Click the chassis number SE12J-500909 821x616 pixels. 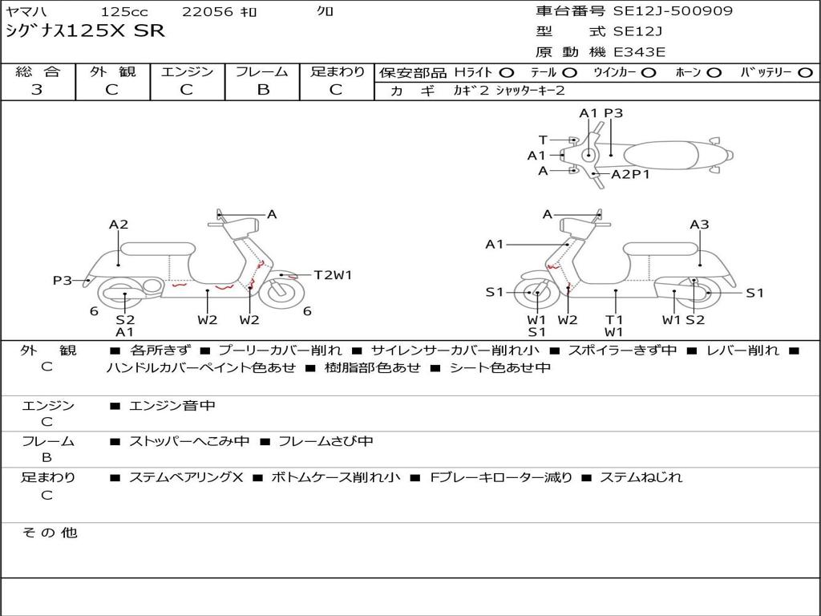[x=673, y=11]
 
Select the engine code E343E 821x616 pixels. [x=639, y=52]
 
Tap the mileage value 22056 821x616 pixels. [x=208, y=12]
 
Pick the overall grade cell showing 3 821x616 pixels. [x=37, y=90]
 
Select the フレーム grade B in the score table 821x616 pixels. [x=263, y=90]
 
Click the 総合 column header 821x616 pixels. [x=38, y=72]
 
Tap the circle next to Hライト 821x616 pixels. [x=507, y=73]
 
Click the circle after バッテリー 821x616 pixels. [x=805, y=73]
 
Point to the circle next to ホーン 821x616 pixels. [x=714, y=73]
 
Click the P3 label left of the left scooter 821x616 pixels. [x=63, y=281]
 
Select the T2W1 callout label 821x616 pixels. [x=333, y=275]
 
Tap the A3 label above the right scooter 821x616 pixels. [x=699, y=225]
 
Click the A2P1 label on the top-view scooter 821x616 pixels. [x=631, y=174]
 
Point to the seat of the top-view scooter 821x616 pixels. [x=665, y=154]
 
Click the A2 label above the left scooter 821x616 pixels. [x=119, y=225]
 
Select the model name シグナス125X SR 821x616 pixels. [x=85, y=31]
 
